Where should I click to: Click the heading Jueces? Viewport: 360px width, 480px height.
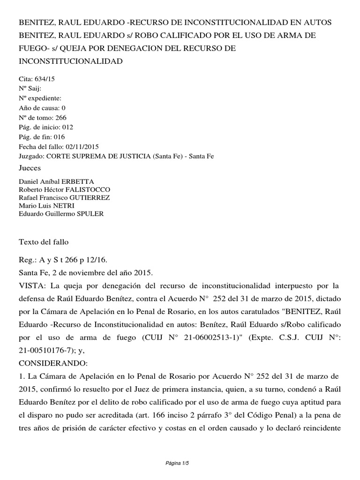pyautogui.click(x=30, y=168)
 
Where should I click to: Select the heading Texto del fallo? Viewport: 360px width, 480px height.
pyautogui.click(x=44, y=242)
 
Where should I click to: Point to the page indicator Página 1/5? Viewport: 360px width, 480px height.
pyautogui.click(x=180, y=463)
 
